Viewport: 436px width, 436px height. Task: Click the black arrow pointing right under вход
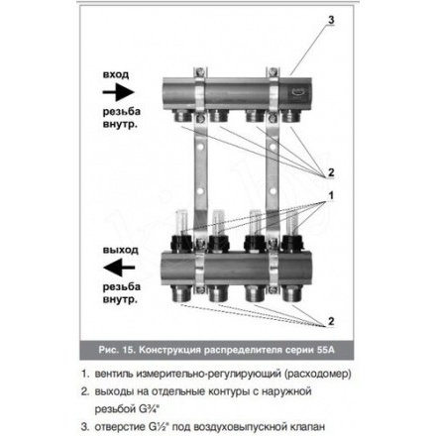(118, 92)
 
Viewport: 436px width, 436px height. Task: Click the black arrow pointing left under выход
(119, 268)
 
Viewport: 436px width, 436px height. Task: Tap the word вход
(116, 74)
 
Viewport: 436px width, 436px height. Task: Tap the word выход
(120, 250)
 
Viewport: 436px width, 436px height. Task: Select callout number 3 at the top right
(331, 20)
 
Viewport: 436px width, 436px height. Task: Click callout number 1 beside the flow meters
(331, 195)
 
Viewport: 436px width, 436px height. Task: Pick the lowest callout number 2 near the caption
(331, 321)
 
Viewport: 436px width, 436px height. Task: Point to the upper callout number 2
(331, 172)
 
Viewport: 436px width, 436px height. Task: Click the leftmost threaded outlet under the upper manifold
(181, 116)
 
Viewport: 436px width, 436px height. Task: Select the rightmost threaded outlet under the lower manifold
(292, 293)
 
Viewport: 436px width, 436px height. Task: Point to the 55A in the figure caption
(326, 350)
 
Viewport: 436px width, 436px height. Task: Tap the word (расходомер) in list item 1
(316, 375)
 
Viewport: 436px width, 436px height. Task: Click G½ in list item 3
(159, 427)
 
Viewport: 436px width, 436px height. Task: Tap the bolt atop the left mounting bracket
(199, 71)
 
